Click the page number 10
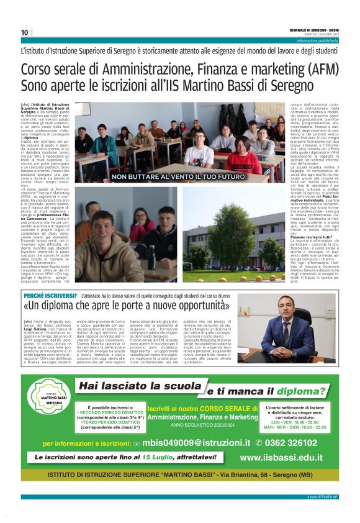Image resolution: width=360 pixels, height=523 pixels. tap(25, 32)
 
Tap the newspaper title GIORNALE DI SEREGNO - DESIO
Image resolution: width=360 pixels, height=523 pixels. tap(313, 29)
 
